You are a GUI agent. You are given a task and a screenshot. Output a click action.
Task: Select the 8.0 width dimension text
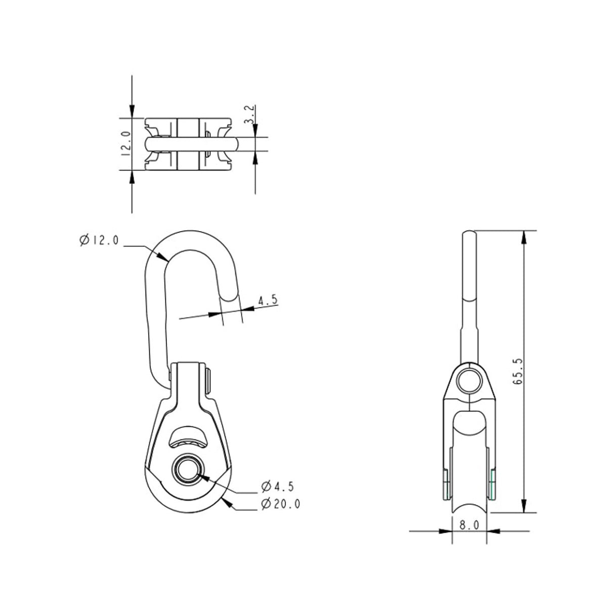(469, 525)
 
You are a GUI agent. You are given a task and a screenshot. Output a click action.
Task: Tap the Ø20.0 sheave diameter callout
(281, 504)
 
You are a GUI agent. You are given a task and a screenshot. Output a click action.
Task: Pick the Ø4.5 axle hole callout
(278, 487)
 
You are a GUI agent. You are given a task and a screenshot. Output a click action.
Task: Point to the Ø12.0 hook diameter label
(99, 240)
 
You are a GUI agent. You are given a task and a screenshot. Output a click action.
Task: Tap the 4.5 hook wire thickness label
(268, 300)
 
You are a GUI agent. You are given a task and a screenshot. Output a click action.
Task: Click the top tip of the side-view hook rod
(469, 232)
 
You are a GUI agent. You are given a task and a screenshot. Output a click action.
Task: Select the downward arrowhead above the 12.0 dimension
(132, 112)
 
